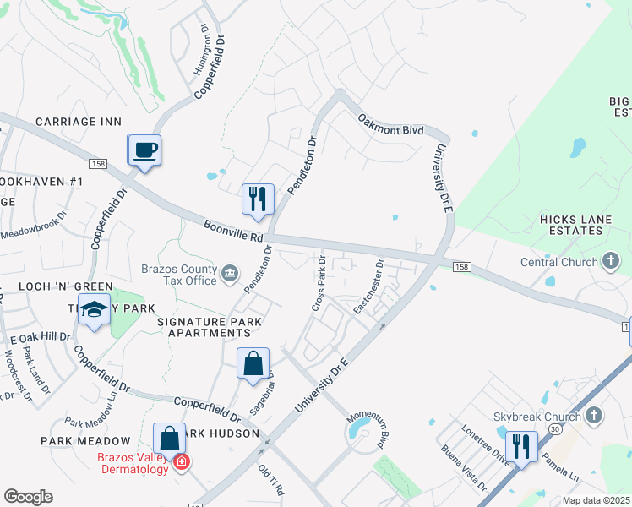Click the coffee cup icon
pos(144,150)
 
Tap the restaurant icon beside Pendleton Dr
pos(257,199)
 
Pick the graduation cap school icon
pos(95,310)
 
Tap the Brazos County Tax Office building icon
pos(230,272)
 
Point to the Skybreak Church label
pos(537,417)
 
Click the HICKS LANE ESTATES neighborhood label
pos(575,225)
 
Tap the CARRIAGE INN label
pos(79,122)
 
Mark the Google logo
pos(28,497)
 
